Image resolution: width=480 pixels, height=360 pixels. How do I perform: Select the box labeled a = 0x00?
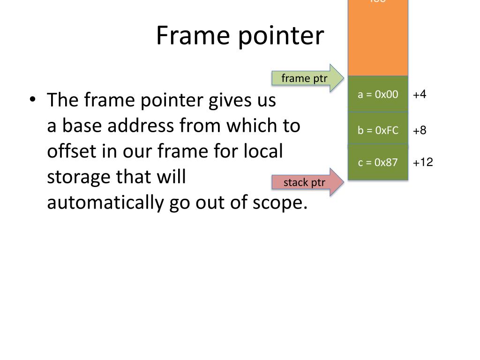click(x=378, y=94)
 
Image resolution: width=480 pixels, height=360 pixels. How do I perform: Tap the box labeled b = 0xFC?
click(x=378, y=130)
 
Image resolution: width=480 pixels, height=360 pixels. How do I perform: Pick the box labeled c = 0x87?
click(x=378, y=163)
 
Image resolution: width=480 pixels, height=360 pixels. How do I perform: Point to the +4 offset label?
click(x=420, y=94)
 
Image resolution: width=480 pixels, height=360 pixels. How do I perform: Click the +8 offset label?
click(x=420, y=130)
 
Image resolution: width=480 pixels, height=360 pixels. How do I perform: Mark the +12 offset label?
click(x=423, y=163)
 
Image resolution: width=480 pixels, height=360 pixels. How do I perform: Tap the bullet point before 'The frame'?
click(x=32, y=100)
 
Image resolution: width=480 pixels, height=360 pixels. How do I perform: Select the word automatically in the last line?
click(x=105, y=203)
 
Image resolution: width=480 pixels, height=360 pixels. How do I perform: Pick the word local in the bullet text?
click(x=266, y=152)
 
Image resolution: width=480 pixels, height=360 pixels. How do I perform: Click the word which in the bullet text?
click(x=251, y=126)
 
